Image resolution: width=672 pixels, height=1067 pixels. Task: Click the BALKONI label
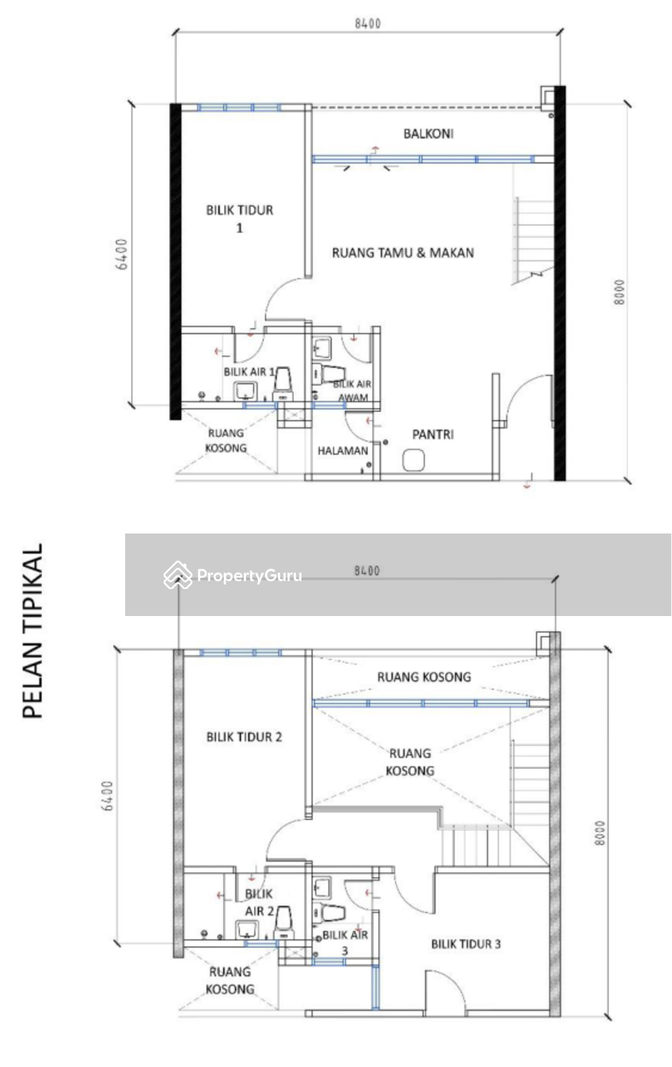[428, 134]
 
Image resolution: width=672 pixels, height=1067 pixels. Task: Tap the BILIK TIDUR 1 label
[240, 218]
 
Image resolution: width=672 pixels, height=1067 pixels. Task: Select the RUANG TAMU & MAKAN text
[402, 253]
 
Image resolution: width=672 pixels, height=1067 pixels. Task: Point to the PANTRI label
[432, 434]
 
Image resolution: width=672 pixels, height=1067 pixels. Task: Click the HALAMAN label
[343, 451]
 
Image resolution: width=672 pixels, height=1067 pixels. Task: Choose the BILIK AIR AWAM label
[353, 391]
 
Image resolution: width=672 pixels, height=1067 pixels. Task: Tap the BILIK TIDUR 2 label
[244, 737]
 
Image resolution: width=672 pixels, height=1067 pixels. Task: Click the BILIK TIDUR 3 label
[466, 944]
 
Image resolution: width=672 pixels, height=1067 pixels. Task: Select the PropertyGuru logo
[233, 575]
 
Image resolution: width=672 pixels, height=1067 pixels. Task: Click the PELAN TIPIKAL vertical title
[33, 631]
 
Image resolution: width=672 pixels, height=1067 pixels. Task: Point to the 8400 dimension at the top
[368, 23]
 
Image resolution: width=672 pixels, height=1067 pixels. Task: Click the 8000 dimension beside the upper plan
[619, 292]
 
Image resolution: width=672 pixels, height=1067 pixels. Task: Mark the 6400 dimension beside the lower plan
[107, 797]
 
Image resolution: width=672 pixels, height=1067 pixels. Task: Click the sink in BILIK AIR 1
[246, 390]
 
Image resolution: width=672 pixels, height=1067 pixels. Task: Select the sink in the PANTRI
[412, 461]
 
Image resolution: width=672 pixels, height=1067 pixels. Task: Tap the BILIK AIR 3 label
[345, 942]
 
